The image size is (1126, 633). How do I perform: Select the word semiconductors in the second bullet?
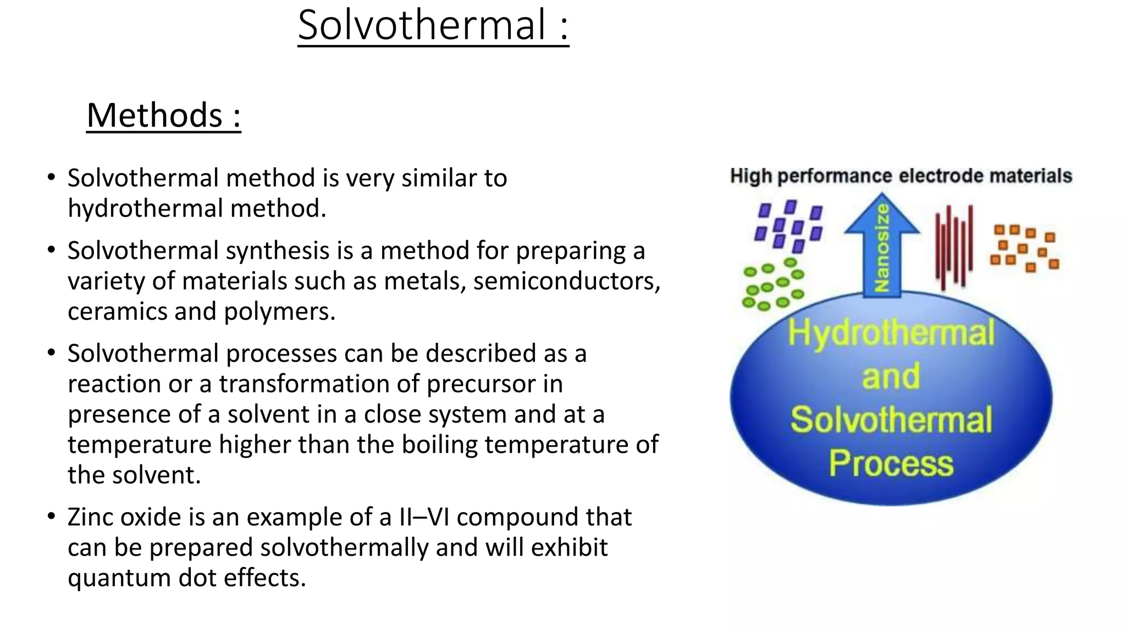click(x=566, y=281)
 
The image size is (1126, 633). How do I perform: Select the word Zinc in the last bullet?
click(x=90, y=517)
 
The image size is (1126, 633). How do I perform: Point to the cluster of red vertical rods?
click(x=954, y=246)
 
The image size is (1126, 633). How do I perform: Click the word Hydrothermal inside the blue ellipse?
click(x=891, y=333)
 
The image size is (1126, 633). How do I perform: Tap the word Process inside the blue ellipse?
click(x=891, y=463)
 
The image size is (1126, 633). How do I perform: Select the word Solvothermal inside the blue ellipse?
click(x=891, y=420)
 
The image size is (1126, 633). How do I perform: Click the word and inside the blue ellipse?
click(x=891, y=376)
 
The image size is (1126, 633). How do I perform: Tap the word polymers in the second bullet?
click(x=279, y=312)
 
